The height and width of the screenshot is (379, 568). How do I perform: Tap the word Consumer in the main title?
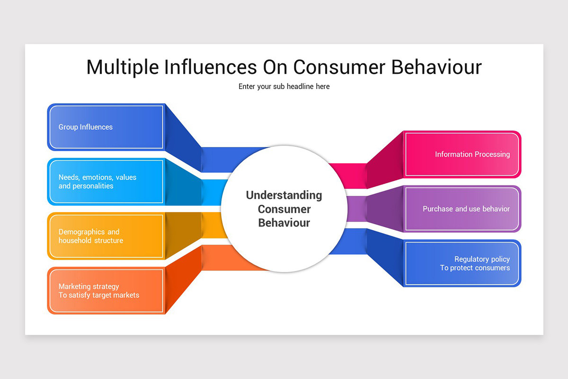339,67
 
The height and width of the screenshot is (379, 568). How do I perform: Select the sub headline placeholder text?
284,86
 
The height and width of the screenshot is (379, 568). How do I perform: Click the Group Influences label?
86,127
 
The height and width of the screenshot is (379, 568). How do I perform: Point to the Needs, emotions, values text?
97,177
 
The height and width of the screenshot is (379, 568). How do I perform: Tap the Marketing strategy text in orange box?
89,286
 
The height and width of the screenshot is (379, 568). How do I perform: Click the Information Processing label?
472,154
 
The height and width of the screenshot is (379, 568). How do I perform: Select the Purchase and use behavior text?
466,208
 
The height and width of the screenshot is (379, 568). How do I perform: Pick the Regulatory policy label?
482,259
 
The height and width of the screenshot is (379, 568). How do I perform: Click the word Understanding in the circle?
284,195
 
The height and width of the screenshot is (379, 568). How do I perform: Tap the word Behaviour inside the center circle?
284,223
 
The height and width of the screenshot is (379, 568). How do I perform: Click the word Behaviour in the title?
436,67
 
